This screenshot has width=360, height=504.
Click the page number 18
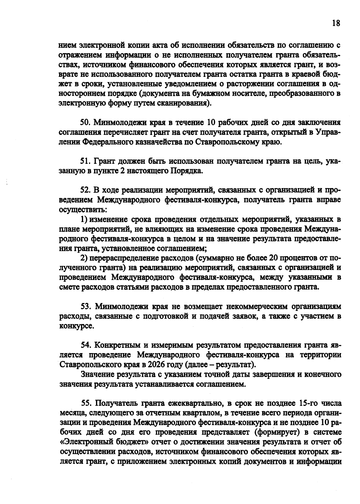pos(336,23)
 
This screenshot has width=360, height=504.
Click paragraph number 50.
pos(85,123)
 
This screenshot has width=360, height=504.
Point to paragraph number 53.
pos(86,306)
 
